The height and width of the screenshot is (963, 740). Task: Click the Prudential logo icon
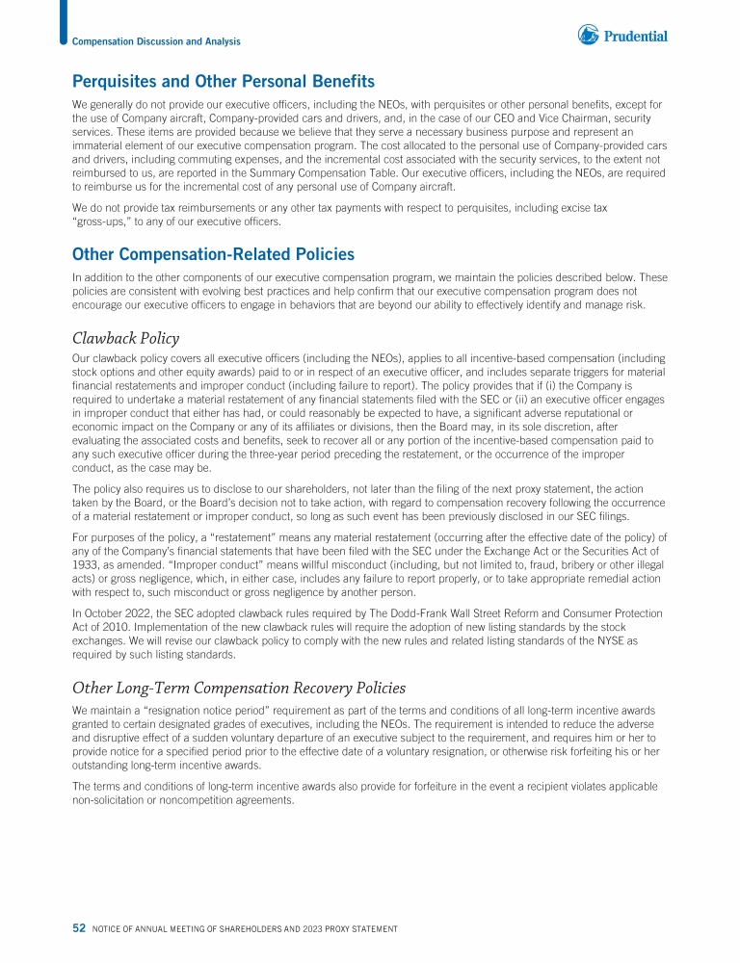[588, 36]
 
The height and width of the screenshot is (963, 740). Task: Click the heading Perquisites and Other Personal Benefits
[224, 81]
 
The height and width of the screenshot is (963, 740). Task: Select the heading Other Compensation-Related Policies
[213, 254]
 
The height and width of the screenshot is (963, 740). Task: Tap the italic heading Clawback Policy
[125, 338]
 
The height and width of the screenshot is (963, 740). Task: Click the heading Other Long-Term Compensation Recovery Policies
[239, 688]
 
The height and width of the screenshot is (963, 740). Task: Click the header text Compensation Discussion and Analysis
[156, 41]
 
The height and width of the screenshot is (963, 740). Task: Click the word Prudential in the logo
[636, 37]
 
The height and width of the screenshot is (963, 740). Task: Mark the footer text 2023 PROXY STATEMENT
[345, 928]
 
